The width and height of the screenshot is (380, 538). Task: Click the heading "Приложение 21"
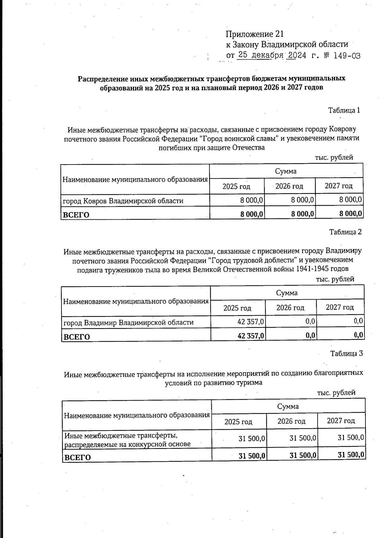point(255,34)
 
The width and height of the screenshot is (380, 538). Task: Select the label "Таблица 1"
point(344,110)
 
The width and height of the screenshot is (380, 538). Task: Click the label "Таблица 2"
point(345,232)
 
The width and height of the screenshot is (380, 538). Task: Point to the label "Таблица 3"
point(346,353)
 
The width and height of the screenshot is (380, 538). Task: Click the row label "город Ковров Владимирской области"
point(123,201)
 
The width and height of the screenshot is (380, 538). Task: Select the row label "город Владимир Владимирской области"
point(129,322)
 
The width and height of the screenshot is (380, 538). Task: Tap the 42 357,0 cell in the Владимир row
point(250,322)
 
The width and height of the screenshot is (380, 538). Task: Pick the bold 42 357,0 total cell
point(251,335)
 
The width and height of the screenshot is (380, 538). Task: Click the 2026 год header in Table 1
point(289,186)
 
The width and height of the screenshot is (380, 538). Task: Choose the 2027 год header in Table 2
point(340,307)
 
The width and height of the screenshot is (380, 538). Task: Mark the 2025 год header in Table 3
point(238,422)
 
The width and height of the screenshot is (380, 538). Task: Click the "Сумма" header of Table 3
point(288,406)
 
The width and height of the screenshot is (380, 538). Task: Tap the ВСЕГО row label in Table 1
point(76,215)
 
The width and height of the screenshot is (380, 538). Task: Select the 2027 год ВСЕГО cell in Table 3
point(351,455)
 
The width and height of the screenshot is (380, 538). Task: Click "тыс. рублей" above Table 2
point(335,279)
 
